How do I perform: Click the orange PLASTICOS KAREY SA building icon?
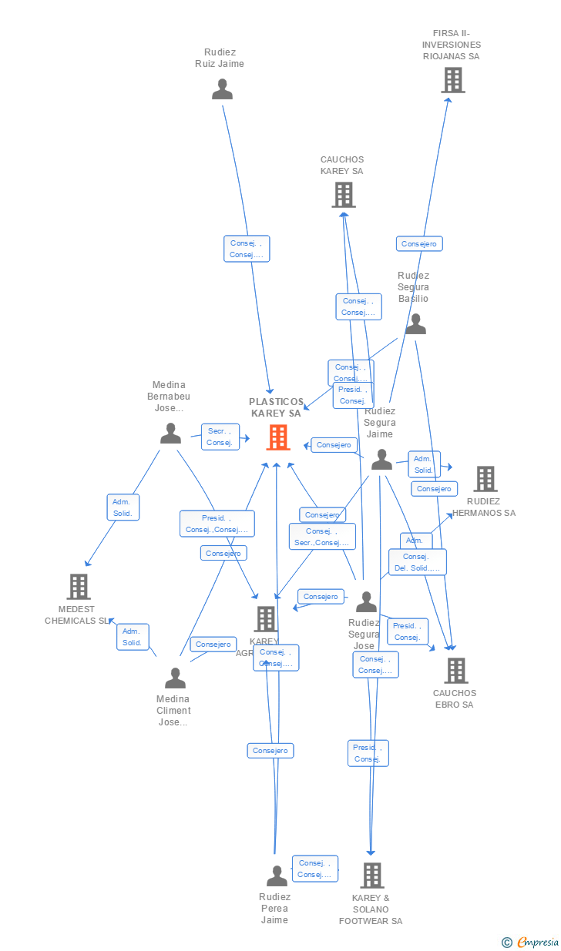coord(278,437)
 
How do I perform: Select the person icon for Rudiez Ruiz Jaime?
coord(222,90)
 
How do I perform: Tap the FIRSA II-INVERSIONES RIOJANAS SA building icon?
coord(452,80)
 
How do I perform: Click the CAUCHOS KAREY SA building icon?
coord(344,195)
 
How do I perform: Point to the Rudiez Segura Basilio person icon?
coord(415,324)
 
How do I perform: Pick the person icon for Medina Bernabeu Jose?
coord(170,434)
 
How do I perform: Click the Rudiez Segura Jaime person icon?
coord(381,460)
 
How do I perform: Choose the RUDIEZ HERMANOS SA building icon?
coord(485,479)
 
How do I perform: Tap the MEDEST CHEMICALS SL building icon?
coord(79,587)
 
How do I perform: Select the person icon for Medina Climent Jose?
coord(175,678)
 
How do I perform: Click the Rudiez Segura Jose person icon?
coord(366,601)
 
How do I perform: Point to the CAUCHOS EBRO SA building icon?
coord(455,671)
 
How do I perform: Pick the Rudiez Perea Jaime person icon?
coord(276,876)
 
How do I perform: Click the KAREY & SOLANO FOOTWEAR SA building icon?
coord(372,876)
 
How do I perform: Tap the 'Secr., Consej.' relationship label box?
coord(220,437)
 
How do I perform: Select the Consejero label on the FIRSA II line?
coord(419,244)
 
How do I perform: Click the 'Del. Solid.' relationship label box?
coord(417,562)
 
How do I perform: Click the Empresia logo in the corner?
coord(531,942)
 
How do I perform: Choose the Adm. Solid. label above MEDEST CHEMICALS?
coord(123,507)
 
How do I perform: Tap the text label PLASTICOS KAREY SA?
coord(276,407)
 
